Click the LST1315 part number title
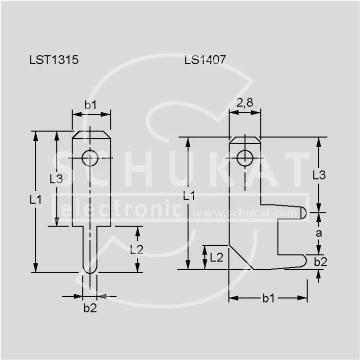point(54,60)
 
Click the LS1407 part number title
point(205,60)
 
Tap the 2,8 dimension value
point(245,103)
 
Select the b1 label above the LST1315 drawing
point(91,105)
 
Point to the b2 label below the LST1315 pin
point(90,308)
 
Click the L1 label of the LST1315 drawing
point(36,200)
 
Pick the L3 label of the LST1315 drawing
point(56,179)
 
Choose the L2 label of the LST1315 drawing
point(137,250)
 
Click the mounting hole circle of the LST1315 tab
point(90,158)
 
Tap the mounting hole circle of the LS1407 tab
point(245,158)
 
